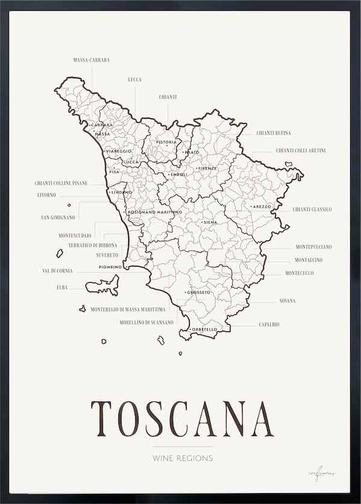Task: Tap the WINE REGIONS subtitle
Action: click(x=182, y=458)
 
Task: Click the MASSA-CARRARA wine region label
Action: click(x=91, y=61)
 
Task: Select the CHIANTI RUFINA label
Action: click(x=274, y=133)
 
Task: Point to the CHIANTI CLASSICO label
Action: click(x=312, y=209)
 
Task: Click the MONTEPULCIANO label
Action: click(x=313, y=247)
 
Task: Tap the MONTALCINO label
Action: click(x=309, y=260)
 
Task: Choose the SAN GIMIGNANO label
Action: click(x=58, y=217)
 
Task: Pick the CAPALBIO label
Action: click(x=269, y=325)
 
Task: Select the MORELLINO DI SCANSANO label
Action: click(x=146, y=322)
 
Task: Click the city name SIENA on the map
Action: click(x=209, y=223)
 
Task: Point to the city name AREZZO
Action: click(x=262, y=207)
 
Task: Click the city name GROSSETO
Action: click(x=199, y=293)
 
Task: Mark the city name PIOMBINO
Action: click(x=110, y=266)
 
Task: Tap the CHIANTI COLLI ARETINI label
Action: click(x=301, y=150)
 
